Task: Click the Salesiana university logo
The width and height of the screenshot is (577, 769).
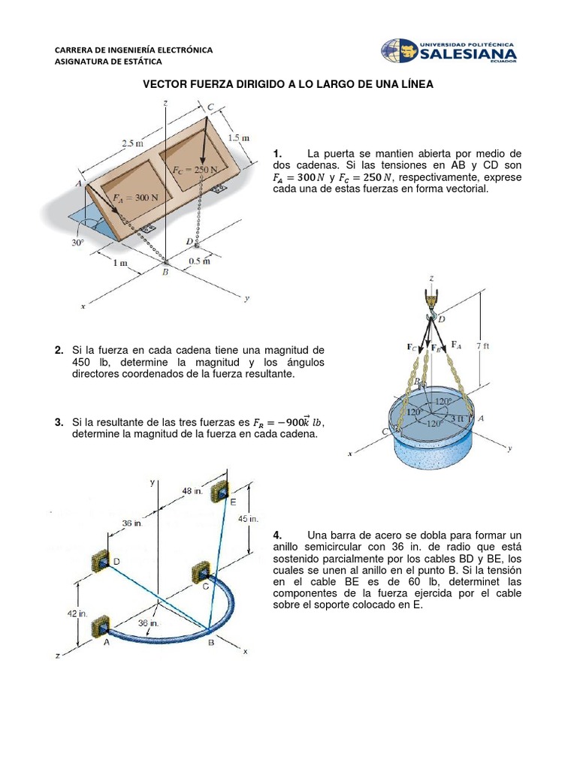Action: tap(449, 51)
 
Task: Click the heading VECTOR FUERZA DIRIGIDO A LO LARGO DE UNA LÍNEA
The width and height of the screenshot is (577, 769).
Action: tap(288, 85)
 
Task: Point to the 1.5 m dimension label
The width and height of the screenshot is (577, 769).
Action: tap(238, 138)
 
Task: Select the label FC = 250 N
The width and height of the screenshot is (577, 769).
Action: tap(195, 170)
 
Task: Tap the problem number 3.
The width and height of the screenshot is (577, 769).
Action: tap(58, 423)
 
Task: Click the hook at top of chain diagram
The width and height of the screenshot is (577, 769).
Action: tap(431, 297)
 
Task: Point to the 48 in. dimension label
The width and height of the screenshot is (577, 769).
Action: tap(193, 490)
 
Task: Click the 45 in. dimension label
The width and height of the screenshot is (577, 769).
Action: tap(249, 519)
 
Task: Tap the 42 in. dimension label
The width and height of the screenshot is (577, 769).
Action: tap(77, 614)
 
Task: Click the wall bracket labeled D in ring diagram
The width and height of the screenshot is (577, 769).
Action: tap(101, 560)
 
